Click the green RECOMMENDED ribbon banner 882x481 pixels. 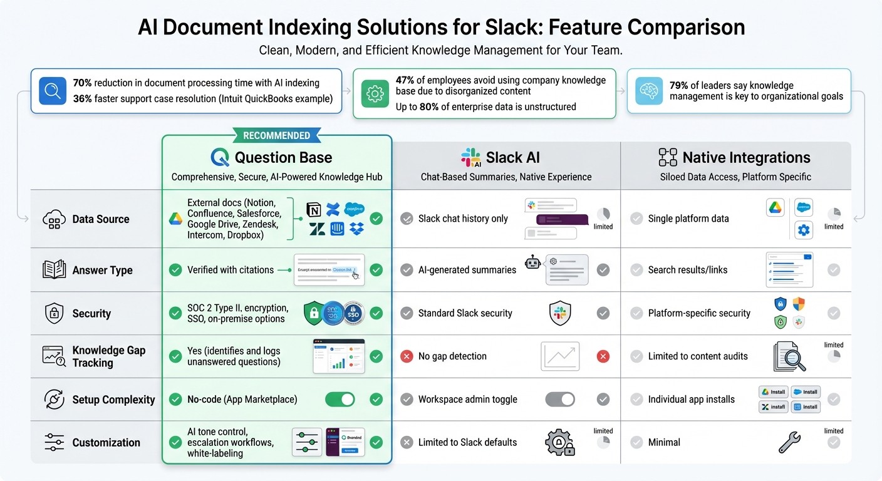pyautogui.click(x=276, y=135)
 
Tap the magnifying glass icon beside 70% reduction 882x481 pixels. pyautogui.click(x=52, y=91)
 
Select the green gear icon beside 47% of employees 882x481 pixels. pyautogui.click(x=374, y=94)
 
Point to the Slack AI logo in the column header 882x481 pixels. pyautogui.click(x=470, y=157)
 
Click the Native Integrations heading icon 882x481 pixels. pyautogui.click(x=668, y=157)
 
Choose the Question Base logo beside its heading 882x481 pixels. pyautogui.click(x=220, y=157)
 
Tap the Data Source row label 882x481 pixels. pyautogui.click(x=100, y=219)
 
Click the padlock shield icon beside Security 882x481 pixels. pyautogui.click(x=54, y=313)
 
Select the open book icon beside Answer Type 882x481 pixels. pyautogui.click(x=54, y=270)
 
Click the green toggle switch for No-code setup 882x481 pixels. pyautogui.click(x=340, y=399)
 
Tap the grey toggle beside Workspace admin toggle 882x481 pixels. pyautogui.click(x=560, y=399)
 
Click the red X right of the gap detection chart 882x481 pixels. pyautogui.click(x=603, y=356)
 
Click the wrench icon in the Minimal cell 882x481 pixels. pyautogui.click(x=789, y=442)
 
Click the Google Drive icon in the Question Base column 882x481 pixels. pyautogui.click(x=175, y=219)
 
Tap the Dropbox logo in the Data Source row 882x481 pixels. pyautogui.click(x=356, y=229)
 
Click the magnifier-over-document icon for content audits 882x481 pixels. pyautogui.click(x=789, y=356)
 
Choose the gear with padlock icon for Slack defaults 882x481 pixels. pyautogui.click(x=559, y=442)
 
